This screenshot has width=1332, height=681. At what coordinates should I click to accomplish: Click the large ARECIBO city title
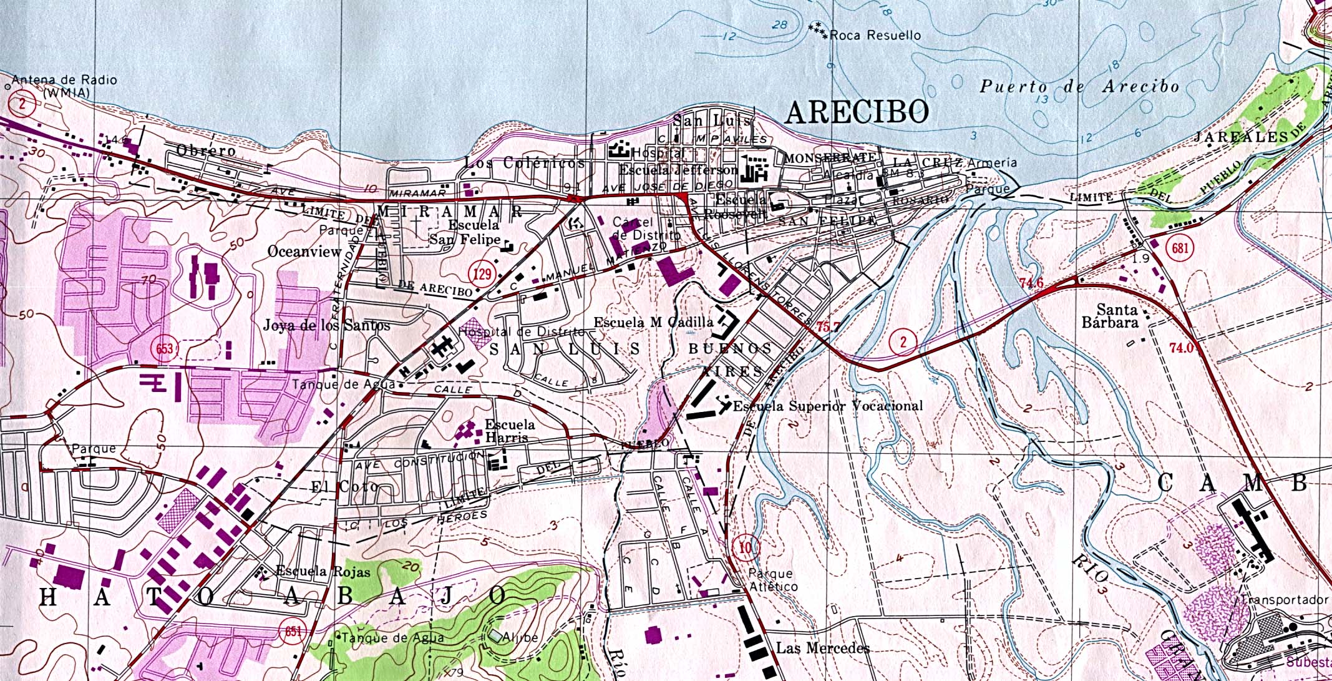(x=856, y=112)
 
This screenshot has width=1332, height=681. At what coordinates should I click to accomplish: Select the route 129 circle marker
(x=482, y=273)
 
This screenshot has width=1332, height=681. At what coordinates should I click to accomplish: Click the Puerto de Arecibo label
(x=1079, y=87)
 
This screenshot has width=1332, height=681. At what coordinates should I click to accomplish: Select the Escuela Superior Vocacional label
(x=827, y=406)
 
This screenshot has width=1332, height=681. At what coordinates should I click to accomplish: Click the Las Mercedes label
(x=822, y=648)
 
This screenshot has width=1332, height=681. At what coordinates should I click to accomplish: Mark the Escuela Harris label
(x=509, y=431)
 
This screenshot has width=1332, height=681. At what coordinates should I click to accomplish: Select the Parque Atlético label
(x=773, y=580)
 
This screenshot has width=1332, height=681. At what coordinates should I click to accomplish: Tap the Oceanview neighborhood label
(x=304, y=251)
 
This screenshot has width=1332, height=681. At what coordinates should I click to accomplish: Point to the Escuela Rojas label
(x=323, y=571)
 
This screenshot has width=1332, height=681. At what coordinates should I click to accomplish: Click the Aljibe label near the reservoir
(x=521, y=637)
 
